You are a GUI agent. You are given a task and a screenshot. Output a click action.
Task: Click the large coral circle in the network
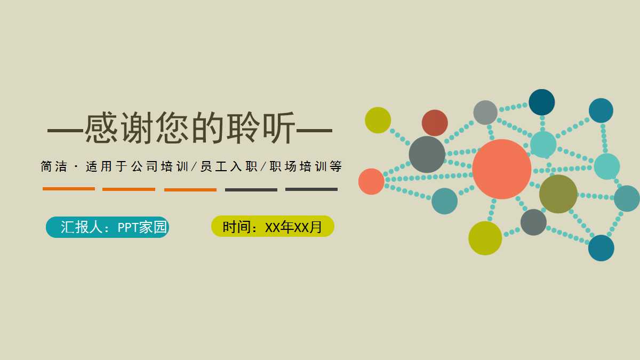tap(501, 169)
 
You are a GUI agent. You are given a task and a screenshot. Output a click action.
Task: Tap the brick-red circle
tap(435, 123)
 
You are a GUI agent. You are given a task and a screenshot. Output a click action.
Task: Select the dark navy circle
tap(541, 102)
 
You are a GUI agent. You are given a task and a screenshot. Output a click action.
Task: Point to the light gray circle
tap(485, 113)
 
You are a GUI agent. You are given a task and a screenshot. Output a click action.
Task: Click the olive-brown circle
tap(558, 194)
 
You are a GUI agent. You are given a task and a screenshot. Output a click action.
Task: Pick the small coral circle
tap(371, 181)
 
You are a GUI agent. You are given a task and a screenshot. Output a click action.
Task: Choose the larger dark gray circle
tap(427, 155)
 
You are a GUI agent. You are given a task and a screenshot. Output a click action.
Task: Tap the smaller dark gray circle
tap(533, 222)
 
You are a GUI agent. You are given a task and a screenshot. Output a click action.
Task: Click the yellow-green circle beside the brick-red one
tap(378, 120)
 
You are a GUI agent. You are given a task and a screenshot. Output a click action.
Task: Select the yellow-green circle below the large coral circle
tap(485, 238)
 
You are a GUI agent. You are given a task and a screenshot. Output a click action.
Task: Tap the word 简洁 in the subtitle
tap(54, 167)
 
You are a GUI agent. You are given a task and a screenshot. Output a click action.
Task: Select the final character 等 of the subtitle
tap(335, 167)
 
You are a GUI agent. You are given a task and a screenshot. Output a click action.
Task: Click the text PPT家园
tap(142, 228)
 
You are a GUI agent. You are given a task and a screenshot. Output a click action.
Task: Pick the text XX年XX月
tap(294, 228)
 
